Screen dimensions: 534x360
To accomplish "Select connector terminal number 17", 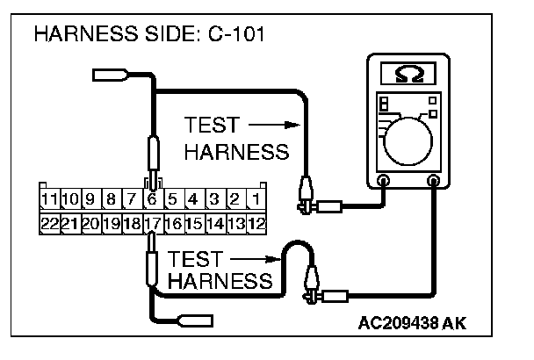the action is (153, 223).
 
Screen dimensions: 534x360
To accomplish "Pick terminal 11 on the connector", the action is (52, 199).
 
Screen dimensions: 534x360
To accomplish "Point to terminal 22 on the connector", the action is (50, 223).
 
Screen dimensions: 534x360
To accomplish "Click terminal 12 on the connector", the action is (256, 223).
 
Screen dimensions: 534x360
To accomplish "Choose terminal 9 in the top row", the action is (92, 199).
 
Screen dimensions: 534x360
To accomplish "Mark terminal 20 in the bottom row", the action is (90, 223).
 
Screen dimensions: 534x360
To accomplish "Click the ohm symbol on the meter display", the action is (409, 72).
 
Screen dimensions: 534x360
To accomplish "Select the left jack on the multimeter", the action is (383, 181).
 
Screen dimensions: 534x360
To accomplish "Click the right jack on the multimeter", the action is (434, 181).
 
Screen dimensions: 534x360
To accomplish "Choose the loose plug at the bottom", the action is (192, 320).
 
